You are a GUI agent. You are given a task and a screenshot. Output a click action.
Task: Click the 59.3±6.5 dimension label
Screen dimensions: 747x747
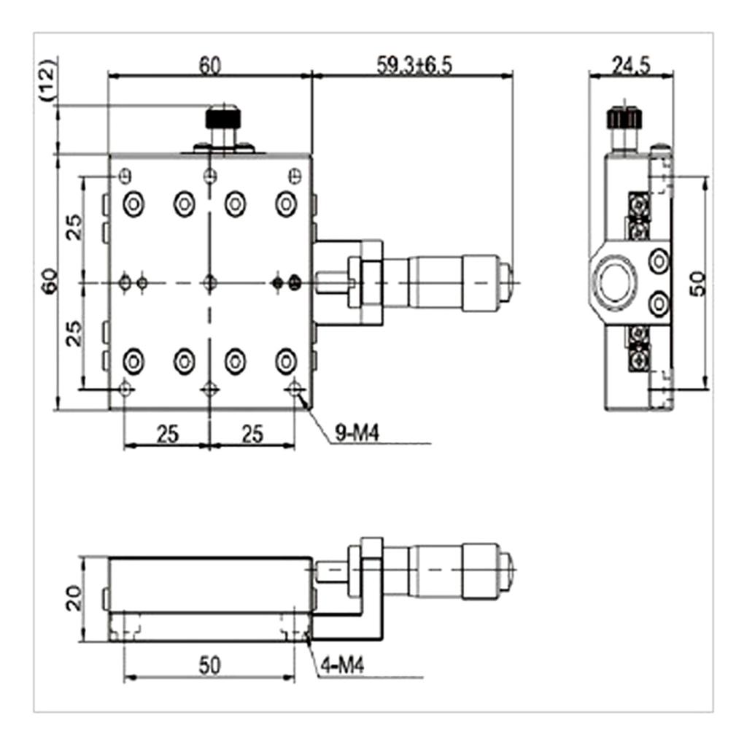(414, 65)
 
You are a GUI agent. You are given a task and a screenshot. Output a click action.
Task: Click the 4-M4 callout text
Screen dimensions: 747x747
(342, 667)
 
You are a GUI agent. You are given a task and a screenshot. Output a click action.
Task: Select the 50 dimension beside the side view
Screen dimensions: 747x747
(698, 282)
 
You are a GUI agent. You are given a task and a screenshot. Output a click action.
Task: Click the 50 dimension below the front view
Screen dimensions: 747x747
(210, 666)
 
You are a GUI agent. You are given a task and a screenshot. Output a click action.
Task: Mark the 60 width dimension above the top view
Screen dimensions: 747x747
(210, 65)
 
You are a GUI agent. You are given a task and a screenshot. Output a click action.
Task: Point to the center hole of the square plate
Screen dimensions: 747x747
(210, 282)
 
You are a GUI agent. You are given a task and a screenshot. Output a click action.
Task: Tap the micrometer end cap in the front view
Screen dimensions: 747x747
(508, 567)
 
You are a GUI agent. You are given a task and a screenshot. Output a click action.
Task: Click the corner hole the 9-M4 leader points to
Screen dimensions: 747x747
(295, 389)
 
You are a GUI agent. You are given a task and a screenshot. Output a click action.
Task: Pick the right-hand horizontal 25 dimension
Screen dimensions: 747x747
(252, 435)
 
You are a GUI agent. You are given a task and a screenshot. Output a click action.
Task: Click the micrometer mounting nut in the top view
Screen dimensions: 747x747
(365, 282)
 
